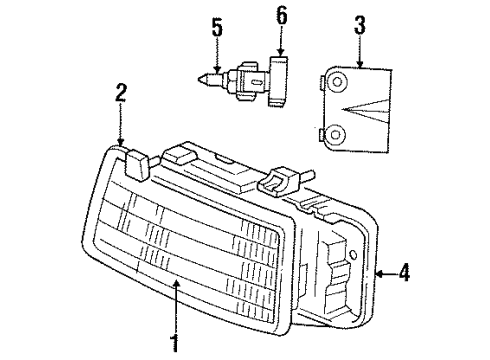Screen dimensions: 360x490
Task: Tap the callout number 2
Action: click(120, 95)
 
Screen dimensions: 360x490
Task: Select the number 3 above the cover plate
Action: click(357, 25)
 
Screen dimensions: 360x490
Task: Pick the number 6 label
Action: click(281, 15)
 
